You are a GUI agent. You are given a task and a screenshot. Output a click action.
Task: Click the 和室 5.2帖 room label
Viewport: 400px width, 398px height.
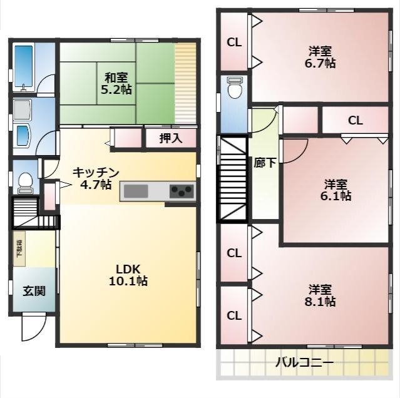(116, 83)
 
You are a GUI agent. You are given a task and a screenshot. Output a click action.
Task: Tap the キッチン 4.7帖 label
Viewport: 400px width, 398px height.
(96, 178)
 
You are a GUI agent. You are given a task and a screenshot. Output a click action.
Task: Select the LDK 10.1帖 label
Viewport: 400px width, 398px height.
(128, 275)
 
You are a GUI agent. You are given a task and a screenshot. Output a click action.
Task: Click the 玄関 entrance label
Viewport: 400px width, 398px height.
(34, 291)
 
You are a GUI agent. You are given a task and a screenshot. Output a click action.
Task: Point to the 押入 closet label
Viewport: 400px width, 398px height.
(171, 138)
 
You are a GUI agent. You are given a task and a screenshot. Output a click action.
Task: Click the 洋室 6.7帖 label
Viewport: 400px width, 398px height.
(320, 57)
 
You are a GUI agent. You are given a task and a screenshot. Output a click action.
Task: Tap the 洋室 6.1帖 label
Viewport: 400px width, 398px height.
(336, 190)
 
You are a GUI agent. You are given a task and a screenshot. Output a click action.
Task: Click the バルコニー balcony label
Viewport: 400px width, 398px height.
(305, 362)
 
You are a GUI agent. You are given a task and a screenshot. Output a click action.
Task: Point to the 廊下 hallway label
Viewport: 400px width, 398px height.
(265, 163)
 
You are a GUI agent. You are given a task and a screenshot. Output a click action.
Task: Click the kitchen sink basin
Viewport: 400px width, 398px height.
(136, 191)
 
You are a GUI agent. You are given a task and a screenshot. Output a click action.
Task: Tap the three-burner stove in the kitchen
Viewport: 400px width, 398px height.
(182, 191)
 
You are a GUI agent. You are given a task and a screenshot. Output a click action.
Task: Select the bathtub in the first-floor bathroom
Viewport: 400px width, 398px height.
(23, 68)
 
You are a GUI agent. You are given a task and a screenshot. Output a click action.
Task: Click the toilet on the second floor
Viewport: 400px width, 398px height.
(234, 88)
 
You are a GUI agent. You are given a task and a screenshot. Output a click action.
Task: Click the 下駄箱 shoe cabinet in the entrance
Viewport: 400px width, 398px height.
(19, 248)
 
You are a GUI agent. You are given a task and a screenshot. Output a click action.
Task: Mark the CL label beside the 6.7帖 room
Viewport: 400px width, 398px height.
(234, 43)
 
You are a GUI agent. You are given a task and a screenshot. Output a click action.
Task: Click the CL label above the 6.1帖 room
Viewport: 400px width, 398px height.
(356, 120)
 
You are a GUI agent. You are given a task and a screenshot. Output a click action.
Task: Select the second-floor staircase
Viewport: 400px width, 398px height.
(232, 179)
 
